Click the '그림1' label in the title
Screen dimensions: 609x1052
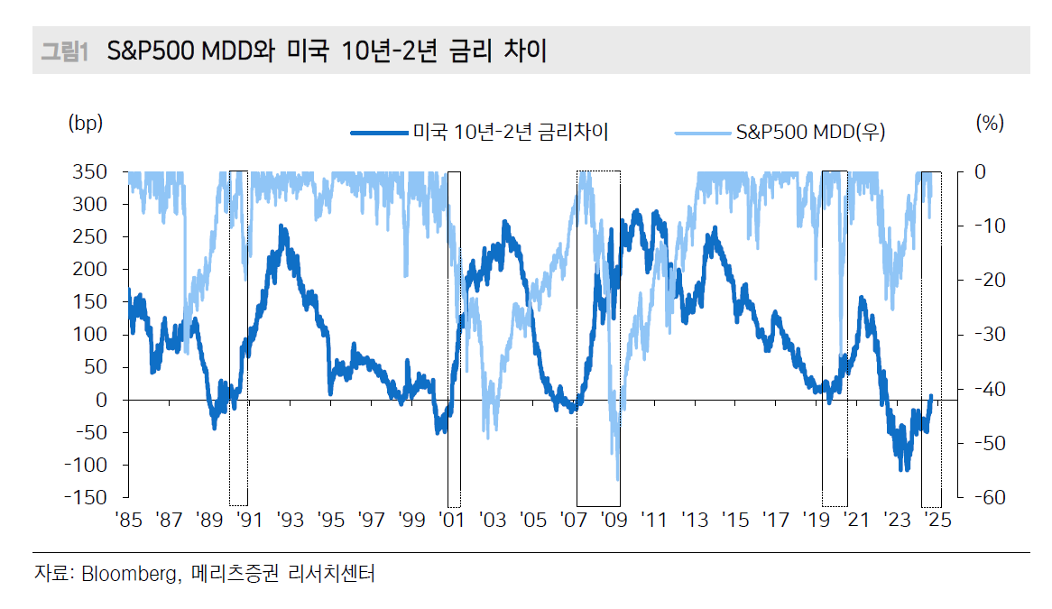(63, 51)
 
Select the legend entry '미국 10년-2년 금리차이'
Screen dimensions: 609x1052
(510, 133)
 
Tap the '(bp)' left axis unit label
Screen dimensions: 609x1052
(86, 124)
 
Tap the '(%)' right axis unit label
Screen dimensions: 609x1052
(990, 124)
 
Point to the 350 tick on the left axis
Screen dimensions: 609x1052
(90, 171)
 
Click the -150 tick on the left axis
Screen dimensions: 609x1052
(87, 497)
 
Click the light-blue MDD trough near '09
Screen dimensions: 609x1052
(618, 479)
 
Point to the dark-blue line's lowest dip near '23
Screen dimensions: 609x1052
(903, 469)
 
